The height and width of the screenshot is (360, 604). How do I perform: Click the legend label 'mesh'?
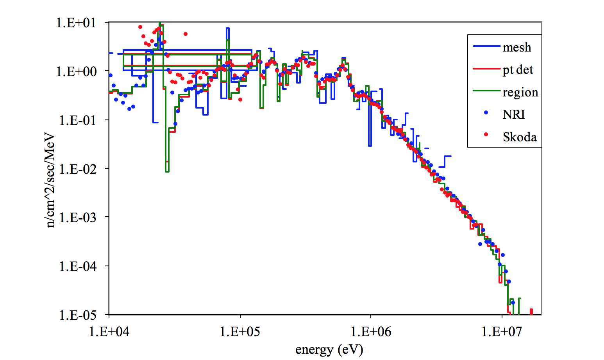click(516, 48)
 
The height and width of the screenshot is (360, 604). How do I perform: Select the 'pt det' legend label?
click(518, 70)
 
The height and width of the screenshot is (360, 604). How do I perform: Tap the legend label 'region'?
click(520, 93)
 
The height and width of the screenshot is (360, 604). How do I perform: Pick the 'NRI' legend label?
click(514, 114)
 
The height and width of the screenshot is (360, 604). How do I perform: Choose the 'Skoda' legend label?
click(519, 137)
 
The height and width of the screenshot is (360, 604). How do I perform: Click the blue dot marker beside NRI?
click(486, 112)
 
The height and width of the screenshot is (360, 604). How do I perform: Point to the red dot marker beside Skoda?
click(486, 135)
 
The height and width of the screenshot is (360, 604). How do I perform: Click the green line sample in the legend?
click(486, 91)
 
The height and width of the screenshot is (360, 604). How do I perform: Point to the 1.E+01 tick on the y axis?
click(76, 23)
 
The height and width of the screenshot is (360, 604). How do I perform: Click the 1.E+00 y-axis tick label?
click(76, 71)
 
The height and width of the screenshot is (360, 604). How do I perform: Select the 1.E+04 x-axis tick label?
click(109, 331)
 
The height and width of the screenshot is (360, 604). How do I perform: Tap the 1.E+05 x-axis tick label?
click(240, 331)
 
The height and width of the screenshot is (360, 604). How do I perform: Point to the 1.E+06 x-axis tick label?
click(371, 331)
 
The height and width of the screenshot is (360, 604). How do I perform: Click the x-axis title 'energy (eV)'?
click(329, 349)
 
